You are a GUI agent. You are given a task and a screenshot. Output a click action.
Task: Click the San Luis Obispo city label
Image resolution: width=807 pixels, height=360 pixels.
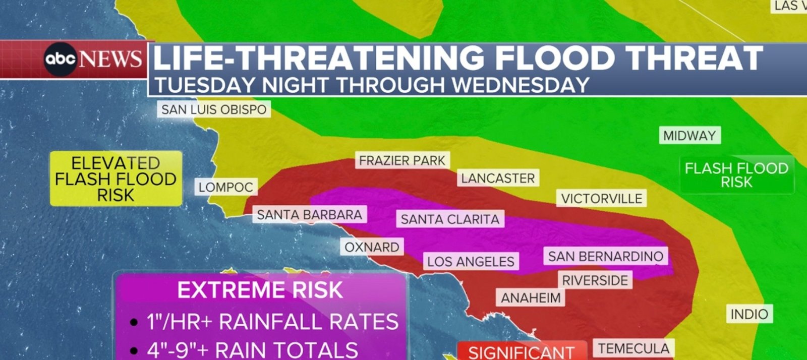214,109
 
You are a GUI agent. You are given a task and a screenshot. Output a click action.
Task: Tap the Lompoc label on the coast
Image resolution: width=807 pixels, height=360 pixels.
226,187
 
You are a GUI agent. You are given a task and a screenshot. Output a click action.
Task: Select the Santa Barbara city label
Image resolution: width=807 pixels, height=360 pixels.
309,215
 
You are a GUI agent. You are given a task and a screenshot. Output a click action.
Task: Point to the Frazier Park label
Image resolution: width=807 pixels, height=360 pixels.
402,161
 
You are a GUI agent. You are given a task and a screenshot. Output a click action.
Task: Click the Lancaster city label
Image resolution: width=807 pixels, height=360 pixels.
497,178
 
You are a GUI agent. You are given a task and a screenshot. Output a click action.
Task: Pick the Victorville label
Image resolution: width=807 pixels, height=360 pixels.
601,198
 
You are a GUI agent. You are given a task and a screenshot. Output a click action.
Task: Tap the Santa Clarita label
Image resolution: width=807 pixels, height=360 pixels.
450,219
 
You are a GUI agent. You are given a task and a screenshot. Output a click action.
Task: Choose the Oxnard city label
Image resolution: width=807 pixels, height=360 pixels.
372,247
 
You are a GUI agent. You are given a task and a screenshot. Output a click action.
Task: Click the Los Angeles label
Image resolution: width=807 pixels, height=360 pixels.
471,261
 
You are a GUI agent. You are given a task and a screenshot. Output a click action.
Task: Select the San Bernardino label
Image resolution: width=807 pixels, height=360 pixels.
605,256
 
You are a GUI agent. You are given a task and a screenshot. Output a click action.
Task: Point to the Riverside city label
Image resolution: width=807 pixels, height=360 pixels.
595,280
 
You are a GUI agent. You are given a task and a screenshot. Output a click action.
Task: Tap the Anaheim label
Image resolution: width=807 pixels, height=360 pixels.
531,298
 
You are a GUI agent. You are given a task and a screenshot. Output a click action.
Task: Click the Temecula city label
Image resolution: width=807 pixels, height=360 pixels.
633,348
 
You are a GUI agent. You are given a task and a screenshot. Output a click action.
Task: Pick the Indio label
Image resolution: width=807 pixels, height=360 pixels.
749,314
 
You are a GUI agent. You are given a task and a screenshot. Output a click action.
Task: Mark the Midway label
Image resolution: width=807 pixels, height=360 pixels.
689,136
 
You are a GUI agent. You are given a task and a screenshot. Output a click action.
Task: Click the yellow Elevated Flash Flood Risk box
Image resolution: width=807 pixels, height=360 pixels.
116,178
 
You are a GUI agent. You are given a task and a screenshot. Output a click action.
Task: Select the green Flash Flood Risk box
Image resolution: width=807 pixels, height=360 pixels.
736,174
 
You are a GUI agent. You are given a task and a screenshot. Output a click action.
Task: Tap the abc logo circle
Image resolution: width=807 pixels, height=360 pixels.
60,59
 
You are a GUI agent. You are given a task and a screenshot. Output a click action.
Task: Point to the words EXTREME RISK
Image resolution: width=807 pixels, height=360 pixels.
260,290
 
